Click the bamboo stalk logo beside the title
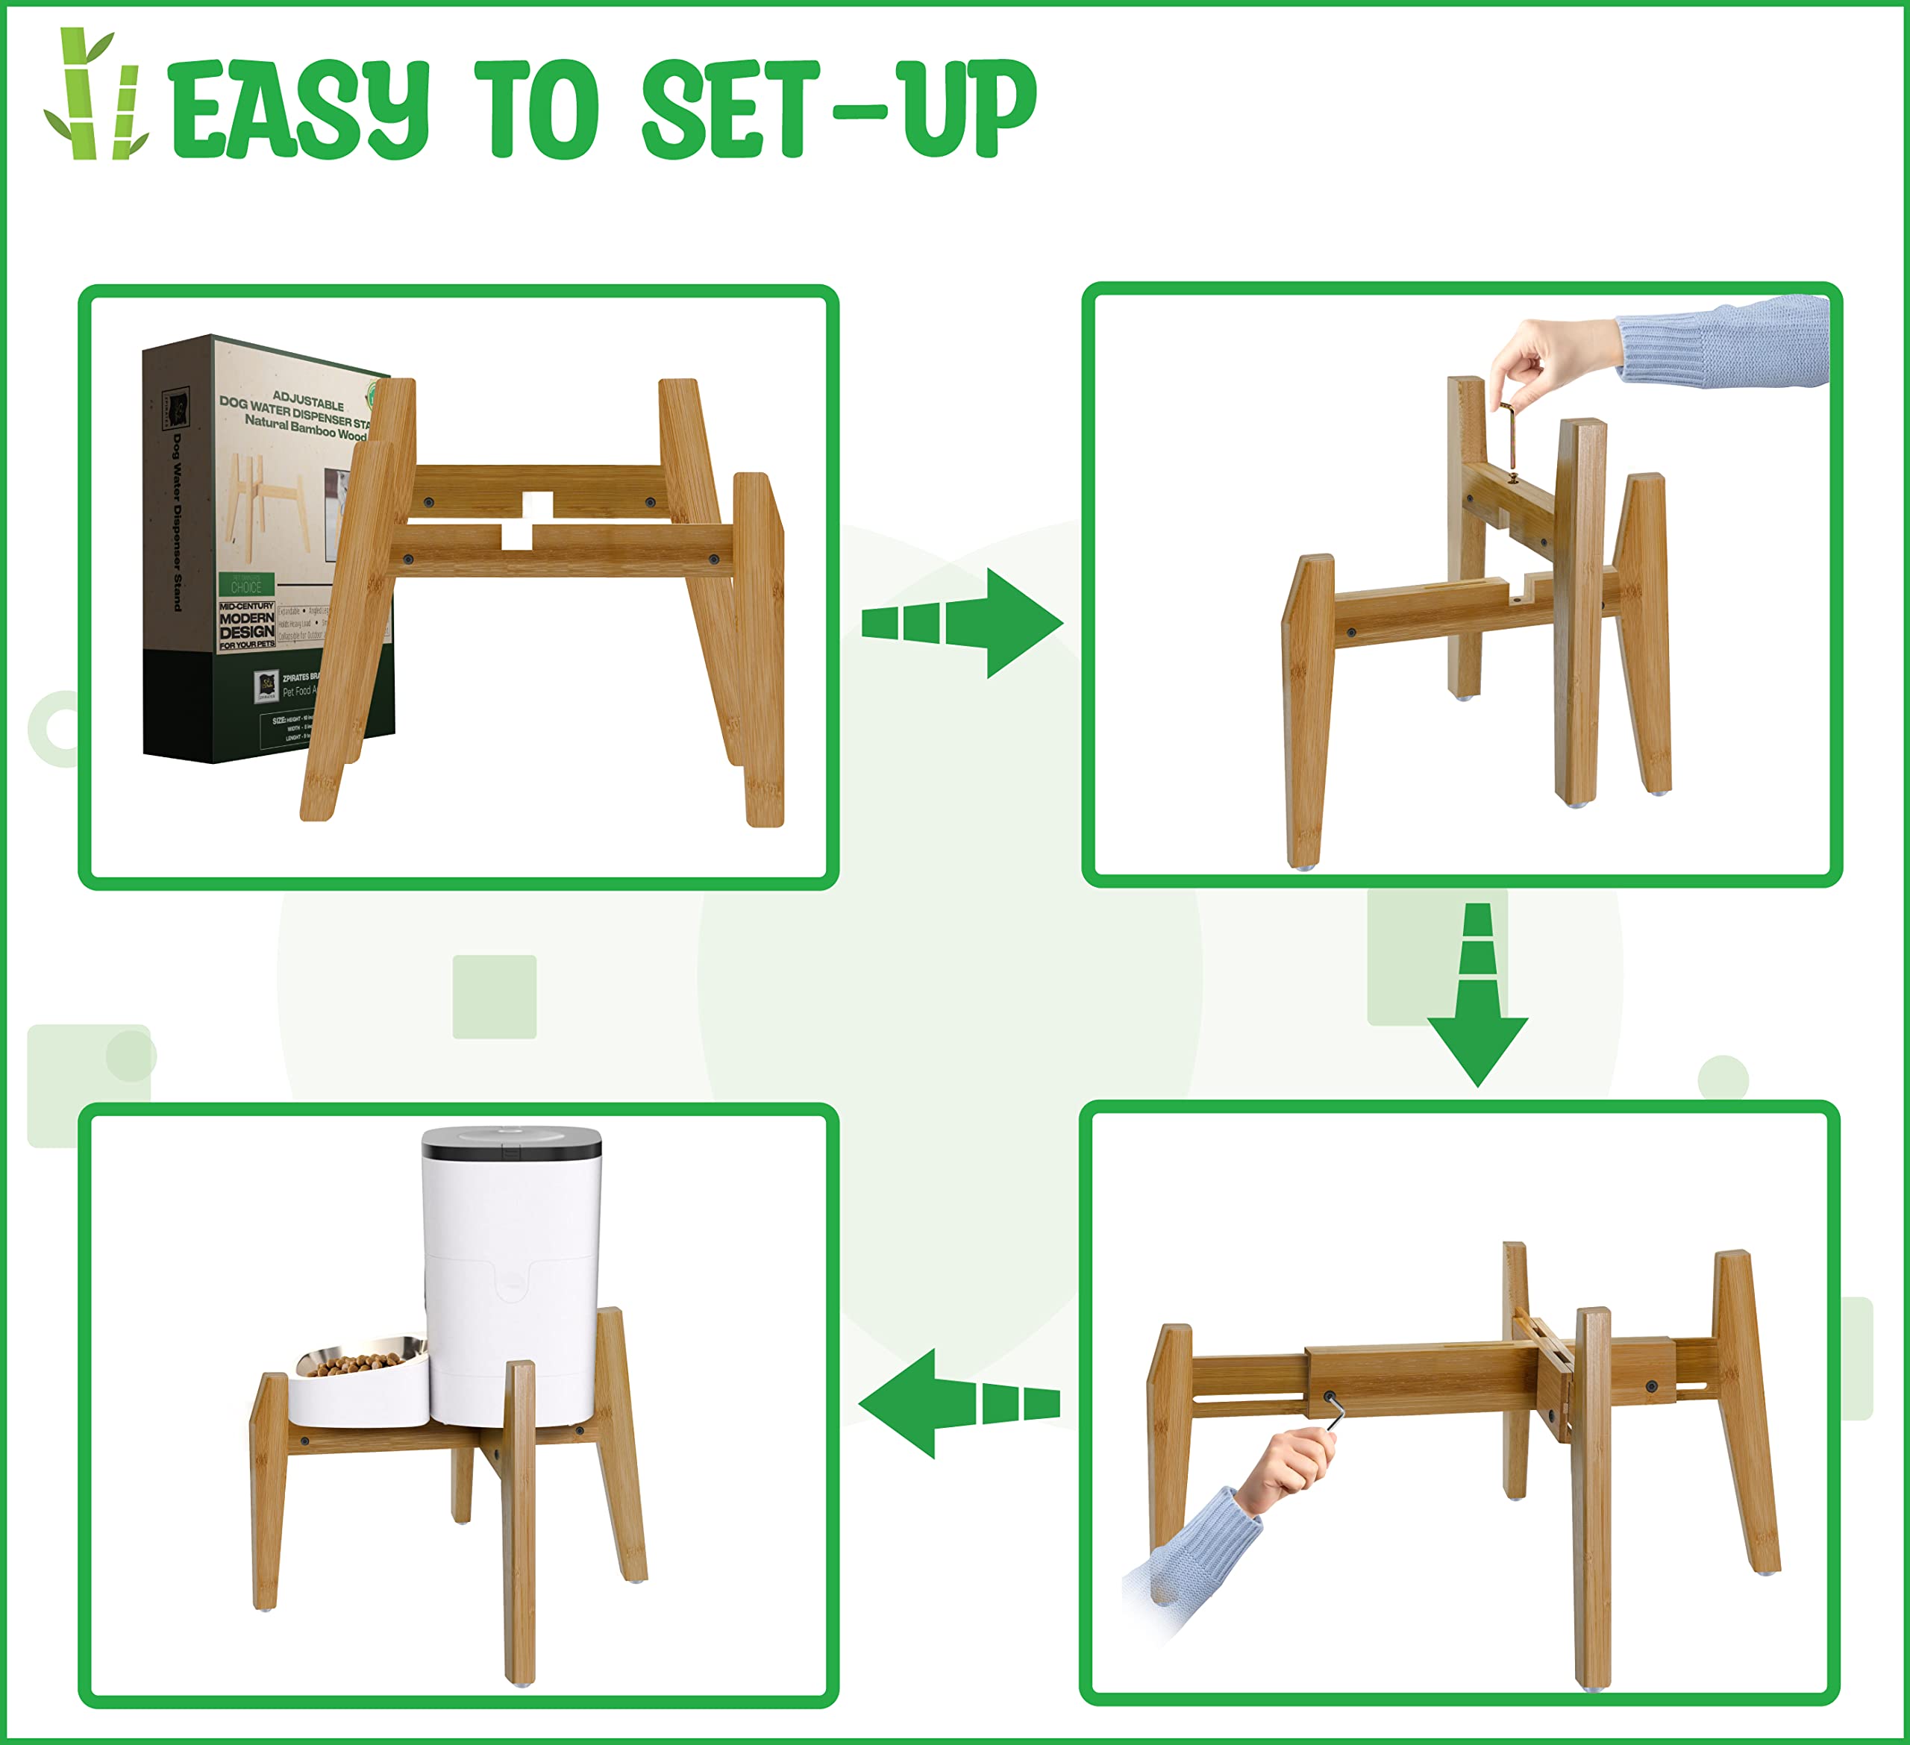tap(95, 95)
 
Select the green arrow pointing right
tap(966, 622)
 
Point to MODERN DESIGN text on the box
tap(246, 624)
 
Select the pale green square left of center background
tap(495, 997)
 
